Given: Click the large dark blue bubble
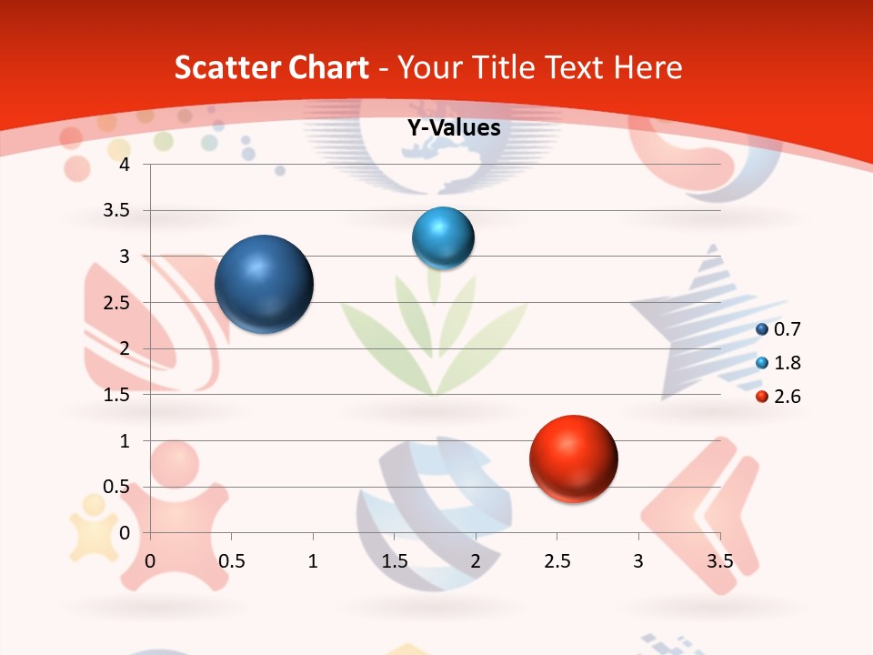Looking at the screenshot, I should pos(264,284).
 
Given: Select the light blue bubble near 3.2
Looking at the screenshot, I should pos(443,237).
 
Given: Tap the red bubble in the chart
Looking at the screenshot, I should pos(573,458).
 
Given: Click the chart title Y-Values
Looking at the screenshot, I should pos(454,128).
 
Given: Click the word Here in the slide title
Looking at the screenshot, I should pos(647,67).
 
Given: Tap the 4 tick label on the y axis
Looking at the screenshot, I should pos(125,165).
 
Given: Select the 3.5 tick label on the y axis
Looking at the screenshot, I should pos(117,211).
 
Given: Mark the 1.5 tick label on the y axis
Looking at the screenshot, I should pos(117,395).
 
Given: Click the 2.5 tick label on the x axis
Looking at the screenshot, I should pos(557,561).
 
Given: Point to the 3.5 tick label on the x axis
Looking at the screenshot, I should pos(719,561).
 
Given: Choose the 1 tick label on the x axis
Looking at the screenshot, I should pos(313,561).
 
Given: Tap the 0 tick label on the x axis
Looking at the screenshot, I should pos(151,561).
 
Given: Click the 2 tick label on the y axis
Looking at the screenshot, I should pos(125,348).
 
